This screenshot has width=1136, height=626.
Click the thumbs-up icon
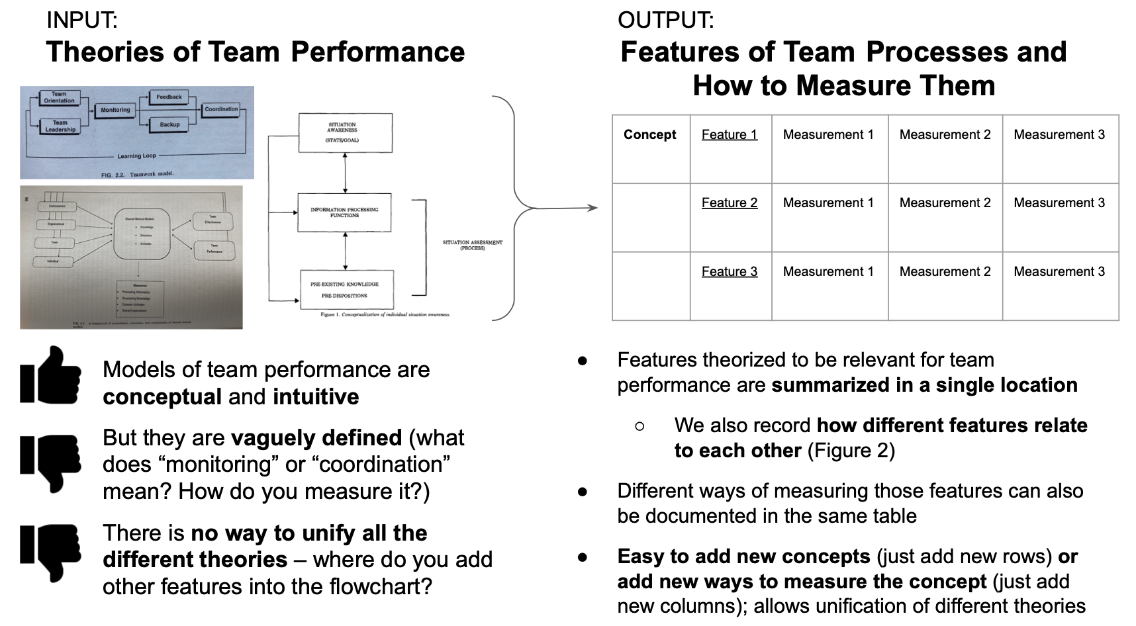[50, 375]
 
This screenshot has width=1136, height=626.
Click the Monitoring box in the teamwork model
[115, 110]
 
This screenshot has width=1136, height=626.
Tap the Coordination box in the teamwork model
[221, 109]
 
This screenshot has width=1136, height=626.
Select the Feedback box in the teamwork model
[169, 97]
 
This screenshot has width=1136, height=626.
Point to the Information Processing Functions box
[345, 212]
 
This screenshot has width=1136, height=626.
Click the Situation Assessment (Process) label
[472, 245]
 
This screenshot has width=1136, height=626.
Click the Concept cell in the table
[649, 135]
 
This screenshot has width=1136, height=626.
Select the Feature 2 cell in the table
[729, 203]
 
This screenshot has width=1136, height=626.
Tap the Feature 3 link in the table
[729, 272]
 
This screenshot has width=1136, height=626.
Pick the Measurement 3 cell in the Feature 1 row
[1059, 135]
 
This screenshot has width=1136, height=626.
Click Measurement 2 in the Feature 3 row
[945, 272]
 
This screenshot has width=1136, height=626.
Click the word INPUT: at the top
[81, 21]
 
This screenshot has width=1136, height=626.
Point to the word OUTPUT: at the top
[665, 21]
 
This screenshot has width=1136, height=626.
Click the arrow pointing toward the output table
[563, 208]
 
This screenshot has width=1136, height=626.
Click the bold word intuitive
[316, 397]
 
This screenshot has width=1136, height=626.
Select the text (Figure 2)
[851, 451]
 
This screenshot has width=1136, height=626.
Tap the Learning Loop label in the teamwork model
[137, 156]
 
